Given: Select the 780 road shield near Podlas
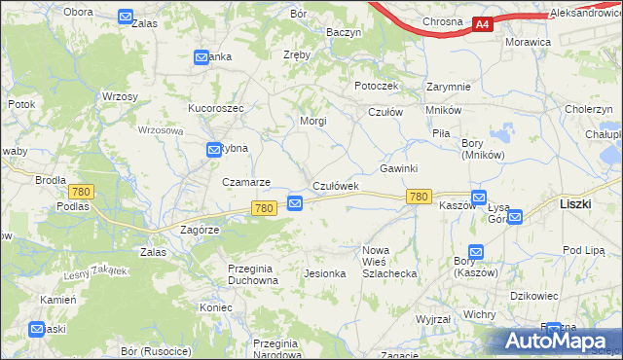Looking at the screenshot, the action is click(x=81, y=192).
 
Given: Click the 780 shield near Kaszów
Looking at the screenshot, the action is click(x=419, y=197).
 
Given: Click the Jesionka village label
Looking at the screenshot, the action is click(x=325, y=273).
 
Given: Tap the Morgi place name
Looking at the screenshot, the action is click(x=312, y=121).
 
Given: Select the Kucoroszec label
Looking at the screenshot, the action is click(x=216, y=107).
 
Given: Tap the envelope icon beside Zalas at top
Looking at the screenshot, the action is click(x=126, y=17).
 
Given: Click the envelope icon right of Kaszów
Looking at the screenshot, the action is click(x=478, y=198).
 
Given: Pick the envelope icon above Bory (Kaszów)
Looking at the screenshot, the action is click(x=475, y=251).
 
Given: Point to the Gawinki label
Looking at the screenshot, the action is click(x=398, y=168).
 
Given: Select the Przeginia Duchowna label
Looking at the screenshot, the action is click(x=252, y=273).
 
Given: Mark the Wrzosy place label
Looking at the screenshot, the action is click(x=120, y=96).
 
